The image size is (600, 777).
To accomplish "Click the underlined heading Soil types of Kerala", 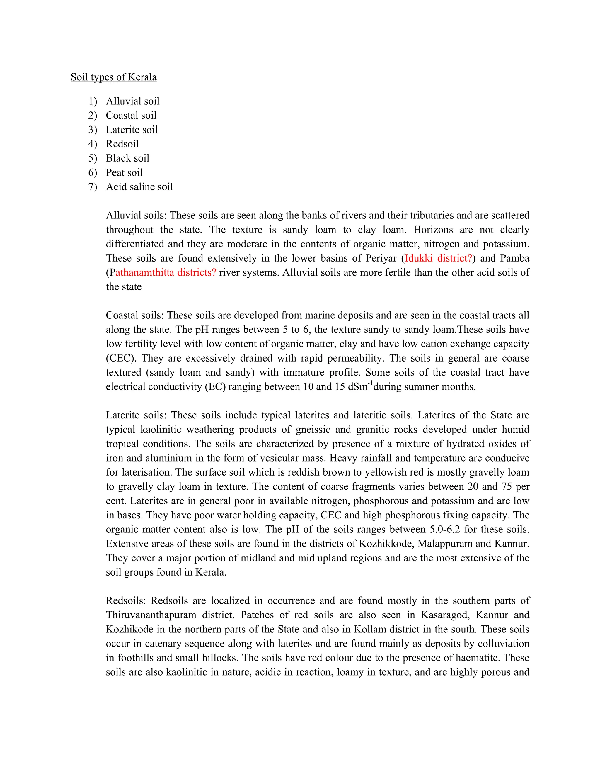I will tap(113, 77).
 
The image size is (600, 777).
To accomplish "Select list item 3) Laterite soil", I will tap(132, 130).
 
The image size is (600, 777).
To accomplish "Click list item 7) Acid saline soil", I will tap(139, 187).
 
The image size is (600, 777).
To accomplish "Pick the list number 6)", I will tap(92, 172).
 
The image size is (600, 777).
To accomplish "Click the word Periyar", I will tap(381, 258).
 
